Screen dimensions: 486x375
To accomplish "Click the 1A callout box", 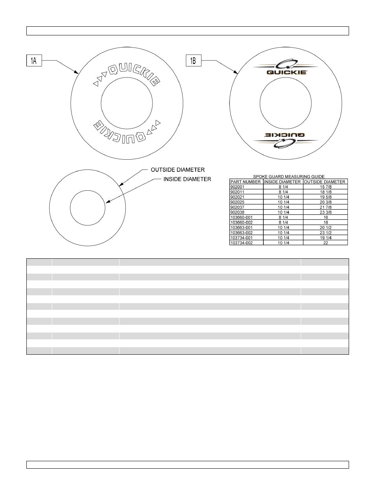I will click(34, 61).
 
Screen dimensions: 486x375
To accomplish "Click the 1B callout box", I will click(193, 61).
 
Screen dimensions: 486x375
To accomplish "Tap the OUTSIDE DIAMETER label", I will click(178, 170).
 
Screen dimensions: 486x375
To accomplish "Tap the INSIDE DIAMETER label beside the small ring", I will click(187, 179).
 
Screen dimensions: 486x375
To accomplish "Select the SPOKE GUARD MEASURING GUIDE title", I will click(289, 177).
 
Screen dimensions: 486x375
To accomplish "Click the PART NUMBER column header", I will click(246, 182).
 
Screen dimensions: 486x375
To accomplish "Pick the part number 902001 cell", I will click(237, 187).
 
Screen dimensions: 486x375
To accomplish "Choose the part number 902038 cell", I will click(237, 212).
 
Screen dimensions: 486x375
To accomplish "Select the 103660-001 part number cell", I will click(241, 217).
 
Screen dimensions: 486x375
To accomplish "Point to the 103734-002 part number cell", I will click(241, 243).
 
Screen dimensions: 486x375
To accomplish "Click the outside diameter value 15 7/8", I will click(325, 187).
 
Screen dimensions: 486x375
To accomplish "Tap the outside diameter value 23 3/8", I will click(325, 212).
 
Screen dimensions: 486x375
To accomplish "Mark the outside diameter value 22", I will click(325, 243).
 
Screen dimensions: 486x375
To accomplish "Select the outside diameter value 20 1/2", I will click(325, 228).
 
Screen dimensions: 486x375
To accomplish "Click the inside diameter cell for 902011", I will click(283, 192).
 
